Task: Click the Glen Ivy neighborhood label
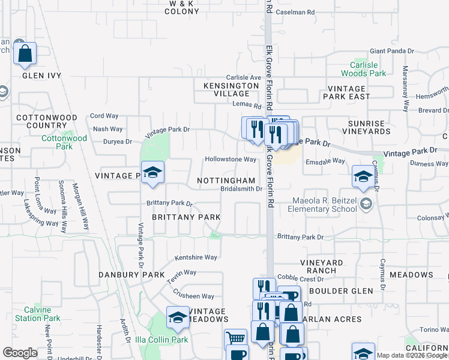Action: click(x=42, y=76)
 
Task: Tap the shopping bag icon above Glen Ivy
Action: click(x=25, y=53)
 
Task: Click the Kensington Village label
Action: click(x=226, y=89)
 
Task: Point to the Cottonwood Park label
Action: click(x=64, y=142)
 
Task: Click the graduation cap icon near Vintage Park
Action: click(x=152, y=173)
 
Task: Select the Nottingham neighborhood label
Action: click(x=226, y=181)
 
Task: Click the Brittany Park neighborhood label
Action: click(x=185, y=217)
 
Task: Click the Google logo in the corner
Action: click(x=20, y=352)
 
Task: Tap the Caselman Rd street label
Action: click(x=295, y=12)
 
